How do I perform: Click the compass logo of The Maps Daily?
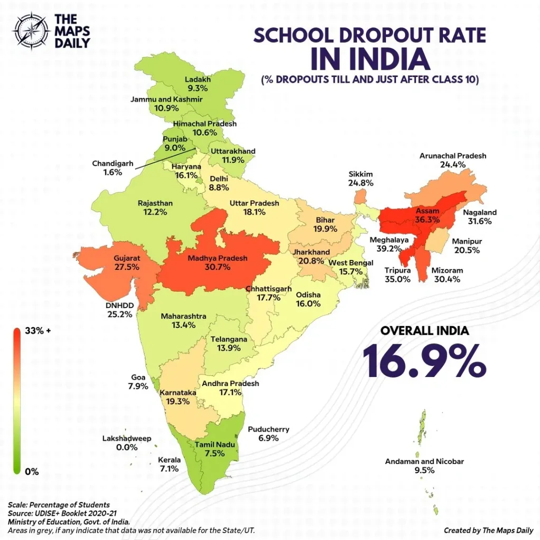pyautogui.click(x=31, y=30)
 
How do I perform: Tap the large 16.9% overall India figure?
pyautogui.click(x=424, y=360)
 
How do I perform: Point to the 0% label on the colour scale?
pyautogui.click(x=32, y=471)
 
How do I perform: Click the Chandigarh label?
pyautogui.click(x=113, y=163)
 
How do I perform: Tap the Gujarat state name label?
pyautogui.click(x=127, y=258)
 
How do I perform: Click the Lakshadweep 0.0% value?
pyautogui.click(x=127, y=447)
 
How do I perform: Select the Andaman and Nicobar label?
pyautogui.click(x=424, y=461)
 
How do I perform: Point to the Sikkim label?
pyautogui.click(x=361, y=174)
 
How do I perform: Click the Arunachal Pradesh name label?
pyautogui.click(x=452, y=156)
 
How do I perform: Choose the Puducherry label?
pyautogui.click(x=268, y=429)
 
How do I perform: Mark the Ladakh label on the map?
pyautogui.click(x=198, y=80)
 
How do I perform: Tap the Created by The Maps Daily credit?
pyautogui.click(x=488, y=530)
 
